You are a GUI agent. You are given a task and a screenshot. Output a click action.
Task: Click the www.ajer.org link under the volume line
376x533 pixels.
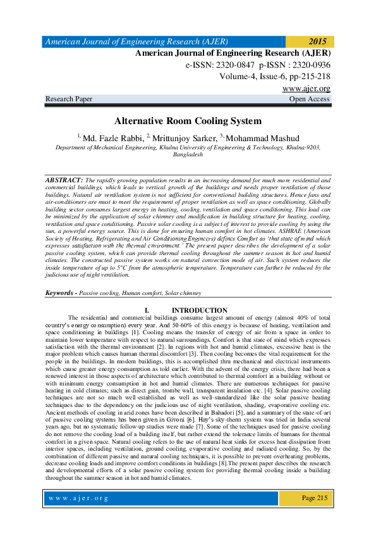[306, 89]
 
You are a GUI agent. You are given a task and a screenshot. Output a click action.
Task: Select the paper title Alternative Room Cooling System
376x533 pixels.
[187, 120]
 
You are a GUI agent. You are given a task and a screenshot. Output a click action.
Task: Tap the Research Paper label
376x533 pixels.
[70, 99]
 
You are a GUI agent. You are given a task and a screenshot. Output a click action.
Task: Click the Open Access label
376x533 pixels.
[309, 99]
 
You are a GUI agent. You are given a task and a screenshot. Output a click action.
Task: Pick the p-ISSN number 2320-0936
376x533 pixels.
[307, 65]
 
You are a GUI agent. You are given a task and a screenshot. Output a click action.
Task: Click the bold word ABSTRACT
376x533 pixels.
[64, 180]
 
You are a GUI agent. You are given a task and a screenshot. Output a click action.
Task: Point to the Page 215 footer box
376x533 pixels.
[314, 498]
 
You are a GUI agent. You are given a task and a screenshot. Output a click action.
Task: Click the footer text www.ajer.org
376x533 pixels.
[80, 498]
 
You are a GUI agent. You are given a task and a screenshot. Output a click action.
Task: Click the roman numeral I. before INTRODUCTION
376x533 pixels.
[148, 308]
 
